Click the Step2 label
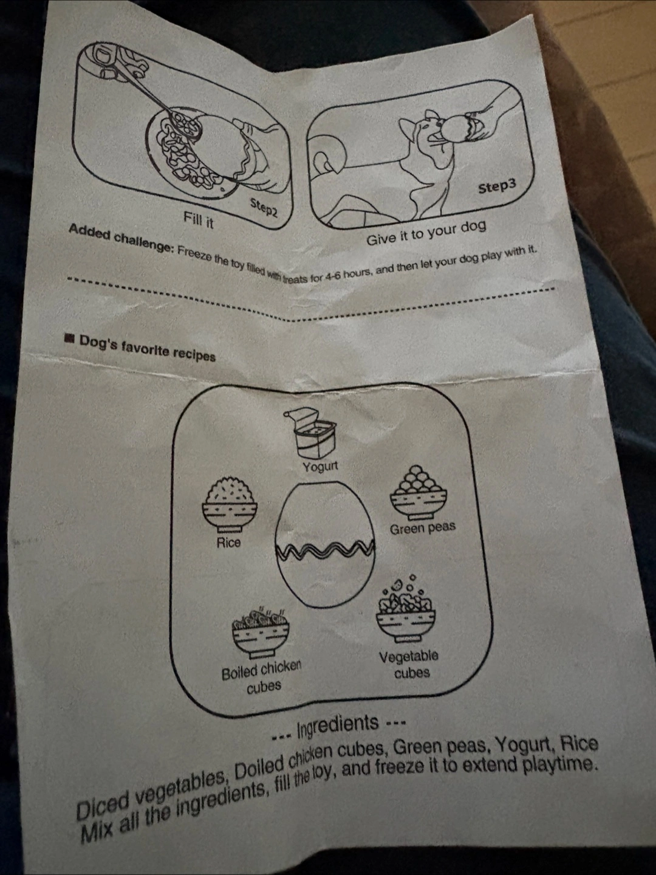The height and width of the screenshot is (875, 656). click(263, 208)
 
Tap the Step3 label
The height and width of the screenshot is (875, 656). click(497, 186)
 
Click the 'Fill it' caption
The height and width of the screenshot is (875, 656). click(199, 221)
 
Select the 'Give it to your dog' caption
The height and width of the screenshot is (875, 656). click(426, 233)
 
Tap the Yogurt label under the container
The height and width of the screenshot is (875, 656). click(320, 467)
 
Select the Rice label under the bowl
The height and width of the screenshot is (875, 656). click(228, 543)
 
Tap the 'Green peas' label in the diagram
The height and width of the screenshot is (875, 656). click(423, 528)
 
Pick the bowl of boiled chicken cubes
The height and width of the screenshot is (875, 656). click(261, 635)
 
